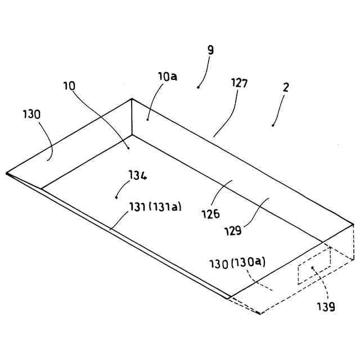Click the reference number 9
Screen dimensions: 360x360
[x=210, y=50]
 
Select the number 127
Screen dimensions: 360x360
[x=239, y=83]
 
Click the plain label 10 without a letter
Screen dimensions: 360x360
[x=69, y=86]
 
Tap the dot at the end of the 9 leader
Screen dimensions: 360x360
[x=198, y=87]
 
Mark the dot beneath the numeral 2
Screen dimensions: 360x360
[x=273, y=125]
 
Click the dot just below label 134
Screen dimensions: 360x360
[x=116, y=196]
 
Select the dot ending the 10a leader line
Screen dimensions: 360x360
[x=147, y=119]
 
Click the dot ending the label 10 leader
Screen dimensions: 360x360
[x=128, y=148]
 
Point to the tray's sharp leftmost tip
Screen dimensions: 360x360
[x=7, y=173]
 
